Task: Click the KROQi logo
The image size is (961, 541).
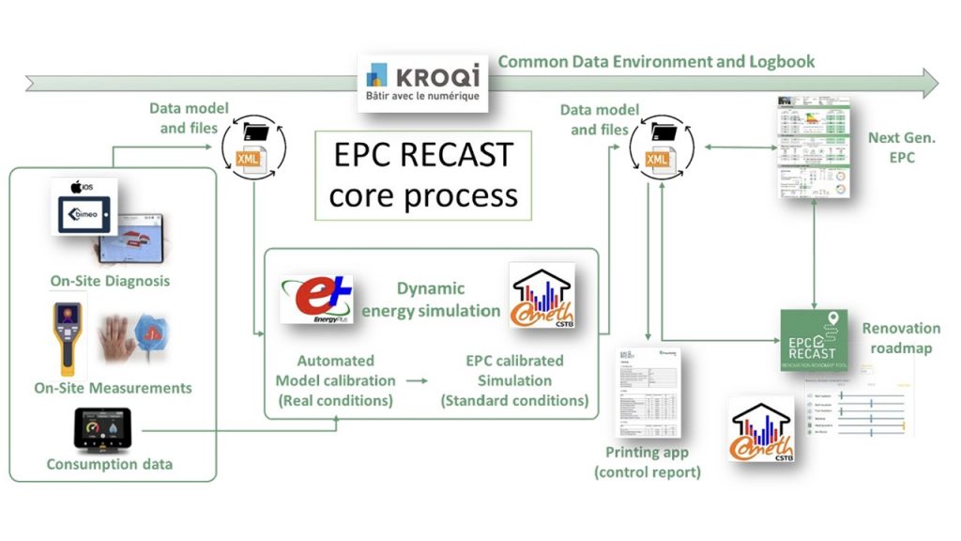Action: (x=423, y=82)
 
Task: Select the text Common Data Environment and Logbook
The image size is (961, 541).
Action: (x=656, y=62)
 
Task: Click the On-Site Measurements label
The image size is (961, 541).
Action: (x=113, y=387)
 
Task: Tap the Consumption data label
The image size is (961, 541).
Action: (x=110, y=464)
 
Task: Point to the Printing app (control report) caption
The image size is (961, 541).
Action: (x=648, y=462)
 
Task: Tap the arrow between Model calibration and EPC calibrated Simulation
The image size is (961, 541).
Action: (x=411, y=380)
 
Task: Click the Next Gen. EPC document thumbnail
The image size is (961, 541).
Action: (x=813, y=145)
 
